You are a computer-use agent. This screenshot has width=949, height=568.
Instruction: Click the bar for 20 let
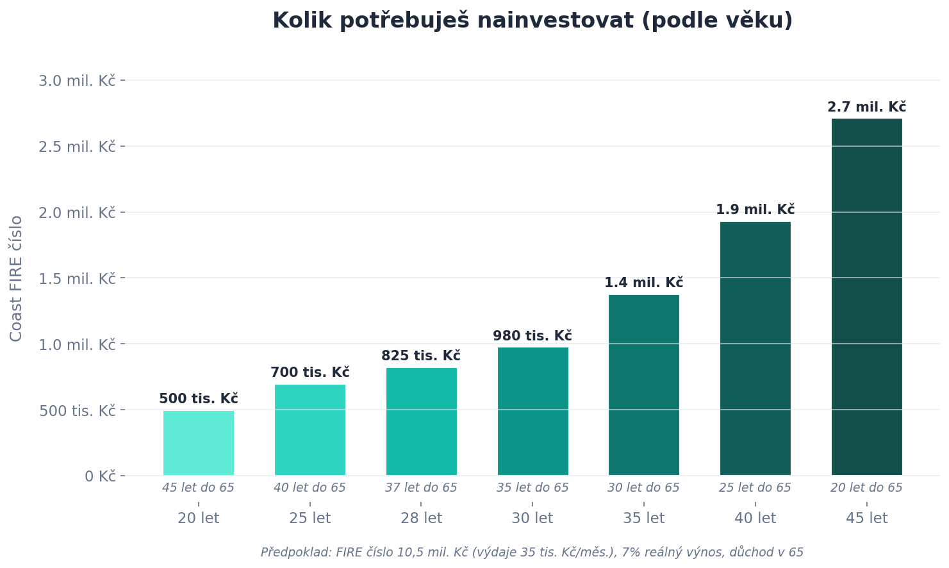coord(199,443)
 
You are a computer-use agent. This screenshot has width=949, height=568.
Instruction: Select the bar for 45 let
coord(866,297)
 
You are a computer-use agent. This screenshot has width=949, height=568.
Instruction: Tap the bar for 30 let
coord(532,411)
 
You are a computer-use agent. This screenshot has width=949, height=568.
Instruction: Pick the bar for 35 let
coord(644,385)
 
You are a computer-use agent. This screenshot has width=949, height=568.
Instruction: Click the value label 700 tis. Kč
coord(309,372)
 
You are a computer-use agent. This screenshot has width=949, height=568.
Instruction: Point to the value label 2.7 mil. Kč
coord(866,107)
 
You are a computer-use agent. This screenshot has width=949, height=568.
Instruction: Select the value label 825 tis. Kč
coord(421,356)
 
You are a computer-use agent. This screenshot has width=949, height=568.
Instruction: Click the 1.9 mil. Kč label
coord(755,210)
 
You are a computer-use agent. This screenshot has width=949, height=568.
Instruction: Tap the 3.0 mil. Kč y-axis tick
coord(77,81)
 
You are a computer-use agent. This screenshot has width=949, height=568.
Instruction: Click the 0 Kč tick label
coord(100,476)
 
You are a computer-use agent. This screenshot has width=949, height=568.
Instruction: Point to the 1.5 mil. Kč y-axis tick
coord(77,279)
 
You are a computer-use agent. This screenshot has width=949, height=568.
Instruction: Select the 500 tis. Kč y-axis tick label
coord(77,411)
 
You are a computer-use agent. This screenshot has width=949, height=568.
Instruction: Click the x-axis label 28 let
coord(421,518)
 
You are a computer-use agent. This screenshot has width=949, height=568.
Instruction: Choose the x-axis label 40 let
coord(755,518)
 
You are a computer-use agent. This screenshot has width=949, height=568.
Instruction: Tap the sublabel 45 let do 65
coord(199,488)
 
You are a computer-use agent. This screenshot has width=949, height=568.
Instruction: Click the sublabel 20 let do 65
coord(866,488)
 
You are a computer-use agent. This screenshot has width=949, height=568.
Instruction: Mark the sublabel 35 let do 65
coord(532,488)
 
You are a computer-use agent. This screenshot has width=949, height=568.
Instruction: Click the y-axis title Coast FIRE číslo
coord(17,278)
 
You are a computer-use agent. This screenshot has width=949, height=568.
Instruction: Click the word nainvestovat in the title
coord(563,21)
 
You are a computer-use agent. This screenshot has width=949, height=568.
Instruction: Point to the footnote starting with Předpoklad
coord(532,552)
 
